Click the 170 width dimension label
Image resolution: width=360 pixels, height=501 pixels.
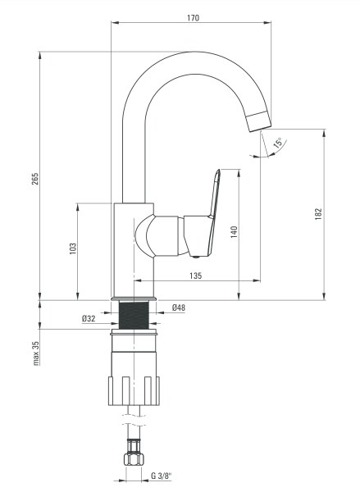(193, 18)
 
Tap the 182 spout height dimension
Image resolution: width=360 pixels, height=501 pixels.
(318, 214)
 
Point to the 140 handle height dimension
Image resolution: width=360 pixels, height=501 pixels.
(235, 232)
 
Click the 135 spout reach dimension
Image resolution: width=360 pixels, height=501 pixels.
(195, 276)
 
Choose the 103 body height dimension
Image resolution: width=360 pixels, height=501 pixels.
(73, 248)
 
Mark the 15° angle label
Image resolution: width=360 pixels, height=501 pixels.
(279, 143)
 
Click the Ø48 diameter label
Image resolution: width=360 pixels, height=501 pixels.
(179, 307)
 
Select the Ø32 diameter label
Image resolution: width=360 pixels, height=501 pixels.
(89, 318)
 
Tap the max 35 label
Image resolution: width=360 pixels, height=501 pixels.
(36, 353)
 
